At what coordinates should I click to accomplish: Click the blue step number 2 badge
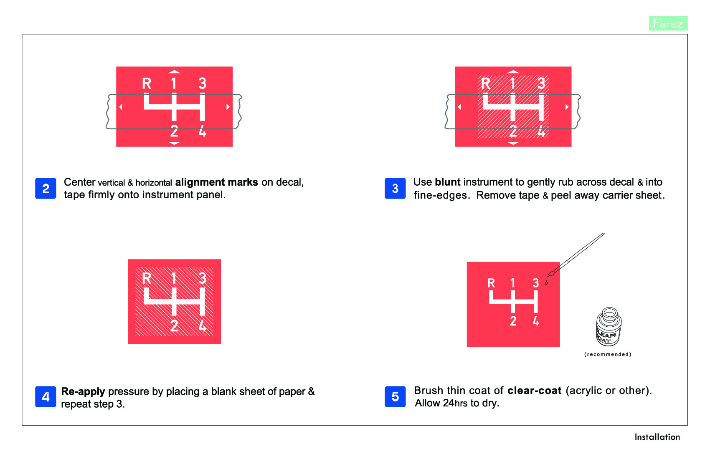[46, 188]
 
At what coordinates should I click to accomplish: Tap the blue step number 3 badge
[395, 188]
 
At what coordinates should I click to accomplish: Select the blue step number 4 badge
[46, 396]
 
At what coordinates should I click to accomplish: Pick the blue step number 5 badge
[395, 396]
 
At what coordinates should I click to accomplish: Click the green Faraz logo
[668, 23]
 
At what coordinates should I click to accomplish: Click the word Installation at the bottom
[657, 437]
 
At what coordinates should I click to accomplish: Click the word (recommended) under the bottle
[608, 354]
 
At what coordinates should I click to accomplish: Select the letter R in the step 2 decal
[146, 83]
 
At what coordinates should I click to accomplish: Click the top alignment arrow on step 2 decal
[174, 72]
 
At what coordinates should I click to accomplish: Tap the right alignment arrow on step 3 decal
[567, 107]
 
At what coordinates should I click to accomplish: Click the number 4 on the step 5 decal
[536, 321]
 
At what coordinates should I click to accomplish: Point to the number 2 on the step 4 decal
[174, 325]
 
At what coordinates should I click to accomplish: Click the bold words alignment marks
[216, 182]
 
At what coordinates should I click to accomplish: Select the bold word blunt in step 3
[447, 182]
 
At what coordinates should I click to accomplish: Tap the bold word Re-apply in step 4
[83, 391]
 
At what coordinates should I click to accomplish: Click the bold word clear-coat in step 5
[534, 391]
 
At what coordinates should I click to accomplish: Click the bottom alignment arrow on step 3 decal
[513, 143]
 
